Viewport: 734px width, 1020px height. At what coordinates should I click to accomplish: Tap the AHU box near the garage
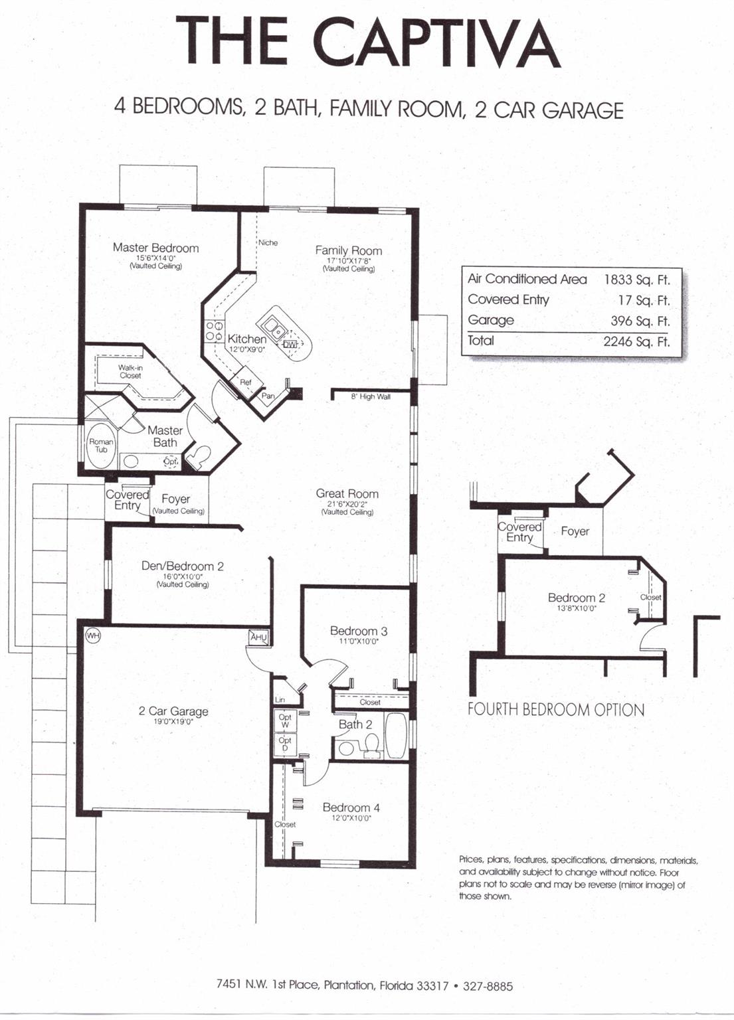click(x=259, y=637)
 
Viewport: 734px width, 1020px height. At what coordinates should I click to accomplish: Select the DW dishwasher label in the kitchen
click(x=290, y=345)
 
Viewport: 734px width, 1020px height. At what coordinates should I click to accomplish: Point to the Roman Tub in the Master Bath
click(x=101, y=446)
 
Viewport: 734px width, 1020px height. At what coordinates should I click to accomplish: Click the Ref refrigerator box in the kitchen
click(x=246, y=382)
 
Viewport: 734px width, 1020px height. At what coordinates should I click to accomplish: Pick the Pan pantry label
click(x=268, y=396)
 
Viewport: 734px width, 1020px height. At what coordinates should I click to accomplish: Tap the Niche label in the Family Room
click(x=268, y=242)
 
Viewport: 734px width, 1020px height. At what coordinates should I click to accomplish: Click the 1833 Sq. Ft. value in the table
click(x=637, y=279)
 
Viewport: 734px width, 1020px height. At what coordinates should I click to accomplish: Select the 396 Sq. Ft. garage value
click(x=640, y=321)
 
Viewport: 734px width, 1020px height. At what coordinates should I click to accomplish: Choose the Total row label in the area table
click(x=481, y=340)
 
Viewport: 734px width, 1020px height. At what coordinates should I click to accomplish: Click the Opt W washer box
click(x=285, y=721)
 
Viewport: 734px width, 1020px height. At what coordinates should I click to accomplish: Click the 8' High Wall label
click(x=371, y=396)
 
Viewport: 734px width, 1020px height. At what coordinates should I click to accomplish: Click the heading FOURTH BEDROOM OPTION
click(x=556, y=710)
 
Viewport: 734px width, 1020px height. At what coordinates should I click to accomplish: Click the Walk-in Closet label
click(x=130, y=371)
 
